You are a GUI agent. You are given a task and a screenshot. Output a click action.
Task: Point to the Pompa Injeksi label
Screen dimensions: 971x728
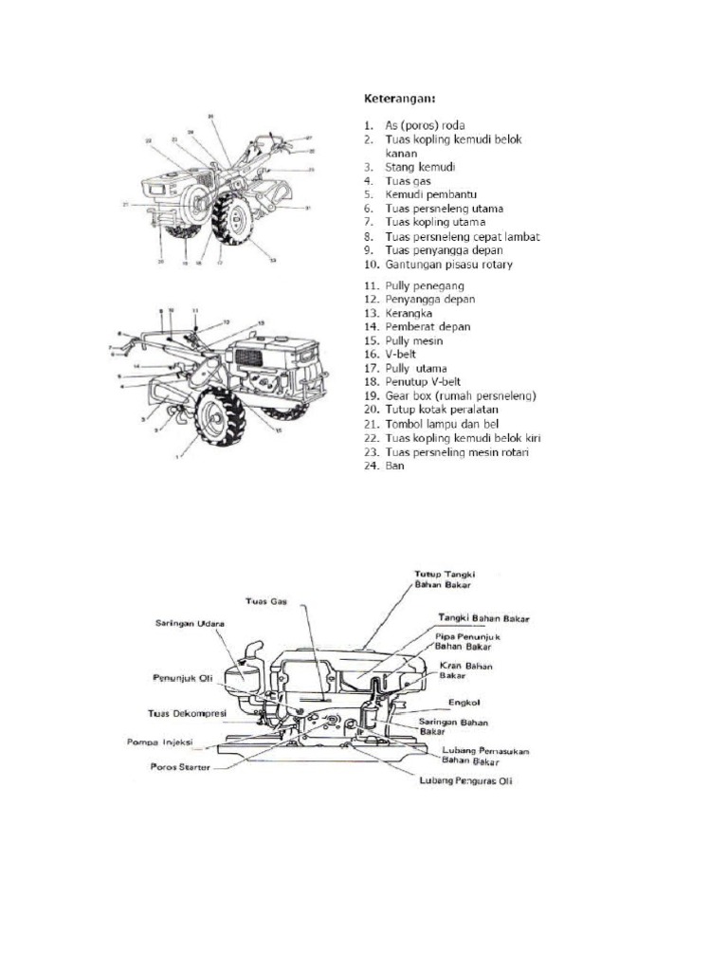pyautogui.click(x=164, y=742)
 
